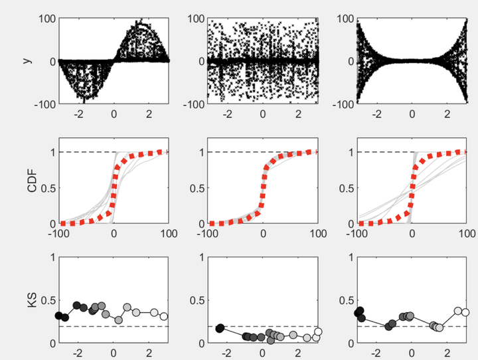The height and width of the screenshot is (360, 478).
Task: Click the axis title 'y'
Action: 27,60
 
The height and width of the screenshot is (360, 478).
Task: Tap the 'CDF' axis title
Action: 32,181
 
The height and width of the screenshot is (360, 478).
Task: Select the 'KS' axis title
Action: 32,300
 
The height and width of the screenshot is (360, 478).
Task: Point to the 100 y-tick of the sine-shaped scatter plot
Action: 47,19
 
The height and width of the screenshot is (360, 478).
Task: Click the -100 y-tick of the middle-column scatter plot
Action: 194,104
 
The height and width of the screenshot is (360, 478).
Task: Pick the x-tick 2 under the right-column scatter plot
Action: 447,114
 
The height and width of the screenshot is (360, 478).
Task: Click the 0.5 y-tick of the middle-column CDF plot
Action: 197,188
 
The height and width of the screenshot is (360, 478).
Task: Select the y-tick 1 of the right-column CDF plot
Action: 351,152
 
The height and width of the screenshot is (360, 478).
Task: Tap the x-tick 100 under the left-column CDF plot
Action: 169,234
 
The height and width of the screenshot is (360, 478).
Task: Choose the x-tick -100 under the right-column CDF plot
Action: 357,234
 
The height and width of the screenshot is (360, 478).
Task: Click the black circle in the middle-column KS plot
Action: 220,328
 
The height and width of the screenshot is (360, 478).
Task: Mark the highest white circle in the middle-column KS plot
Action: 318,331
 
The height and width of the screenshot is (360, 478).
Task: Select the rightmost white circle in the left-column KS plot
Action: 164,316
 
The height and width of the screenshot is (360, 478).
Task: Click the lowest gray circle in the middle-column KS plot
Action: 270,340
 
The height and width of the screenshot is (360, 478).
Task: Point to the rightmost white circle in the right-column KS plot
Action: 465,312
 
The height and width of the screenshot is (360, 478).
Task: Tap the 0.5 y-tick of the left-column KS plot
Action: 48,300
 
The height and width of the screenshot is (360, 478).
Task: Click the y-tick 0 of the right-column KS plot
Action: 351,343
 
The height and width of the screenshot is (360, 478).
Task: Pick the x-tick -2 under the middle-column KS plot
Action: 226,353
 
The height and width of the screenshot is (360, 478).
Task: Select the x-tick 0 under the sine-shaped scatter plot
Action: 114,114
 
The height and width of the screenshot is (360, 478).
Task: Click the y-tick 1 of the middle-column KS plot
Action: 202,258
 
